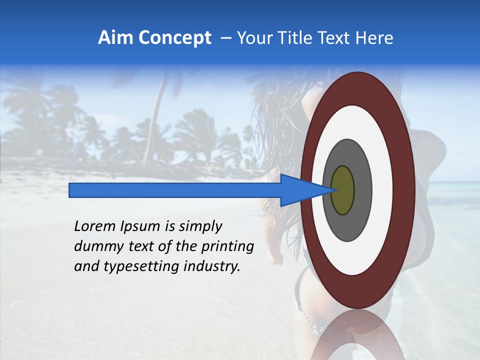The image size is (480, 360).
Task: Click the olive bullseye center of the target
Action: click(343, 190)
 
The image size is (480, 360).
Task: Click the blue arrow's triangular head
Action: click(300, 190)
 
